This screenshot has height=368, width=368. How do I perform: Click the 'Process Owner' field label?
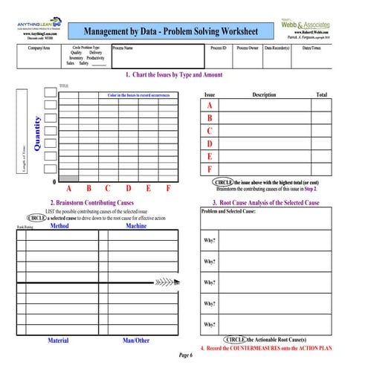(x=247, y=48)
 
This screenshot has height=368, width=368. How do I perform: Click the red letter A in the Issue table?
(x=210, y=106)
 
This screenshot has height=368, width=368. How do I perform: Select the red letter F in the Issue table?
(x=210, y=170)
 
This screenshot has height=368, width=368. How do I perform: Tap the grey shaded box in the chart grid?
(x=68, y=178)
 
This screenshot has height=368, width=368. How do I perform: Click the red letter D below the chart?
(x=128, y=189)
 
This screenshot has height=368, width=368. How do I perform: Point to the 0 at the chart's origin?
(x=53, y=182)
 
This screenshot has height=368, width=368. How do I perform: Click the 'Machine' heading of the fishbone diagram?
(x=136, y=225)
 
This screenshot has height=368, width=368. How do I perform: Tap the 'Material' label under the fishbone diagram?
(x=58, y=340)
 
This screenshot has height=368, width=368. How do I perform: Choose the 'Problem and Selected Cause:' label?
(x=229, y=212)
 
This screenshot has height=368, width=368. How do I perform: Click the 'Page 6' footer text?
(x=185, y=355)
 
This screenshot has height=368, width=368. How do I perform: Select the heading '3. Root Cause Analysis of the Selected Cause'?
(x=265, y=202)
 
